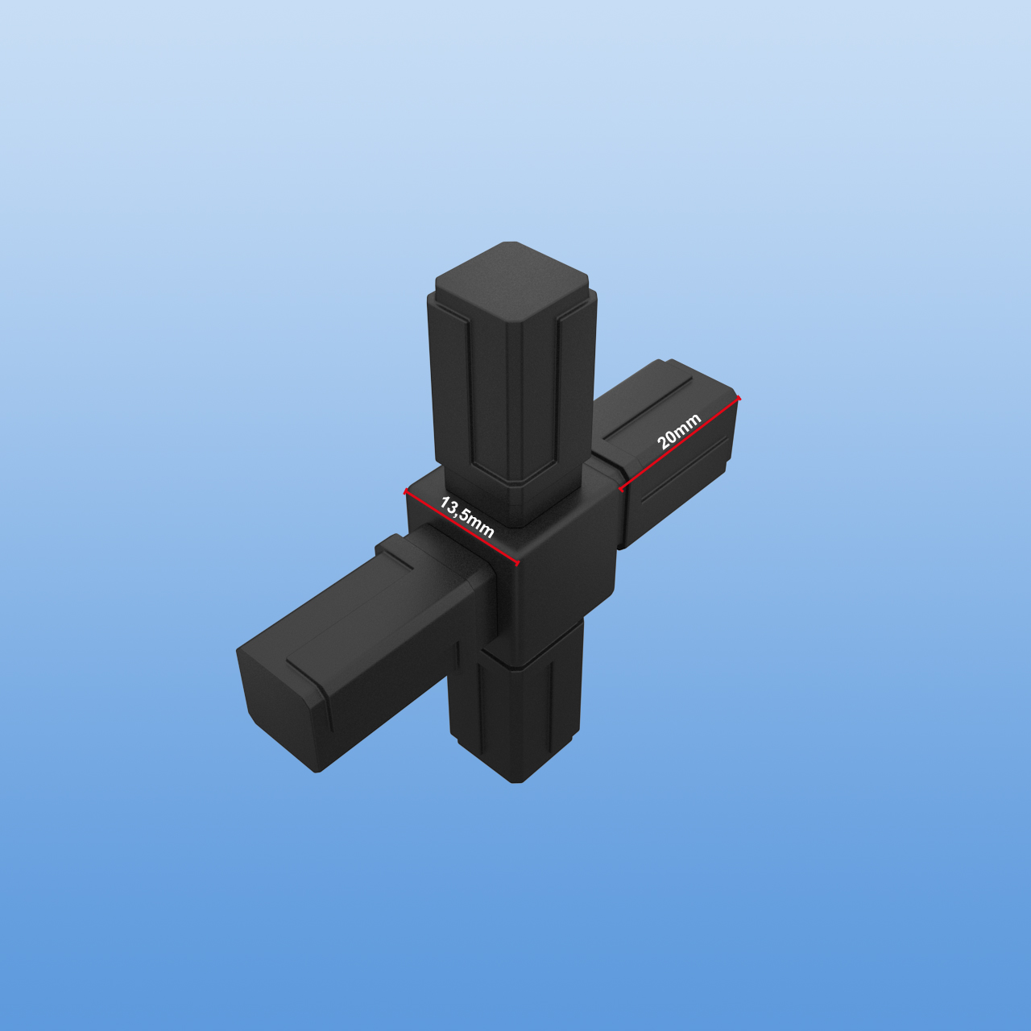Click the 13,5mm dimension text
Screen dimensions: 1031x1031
(x=466, y=517)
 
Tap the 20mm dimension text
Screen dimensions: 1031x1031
(x=678, y=431)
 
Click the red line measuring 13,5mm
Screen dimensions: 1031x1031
(x=462, y=527)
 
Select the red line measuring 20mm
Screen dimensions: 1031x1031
(x=680, y=443)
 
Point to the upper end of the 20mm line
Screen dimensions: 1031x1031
(x=739, y=398)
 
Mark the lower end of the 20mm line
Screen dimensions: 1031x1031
(x=621, y=489)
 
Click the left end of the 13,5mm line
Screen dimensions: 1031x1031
(x=405, y=490)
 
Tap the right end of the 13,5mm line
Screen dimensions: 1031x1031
(x=518, y=564)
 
